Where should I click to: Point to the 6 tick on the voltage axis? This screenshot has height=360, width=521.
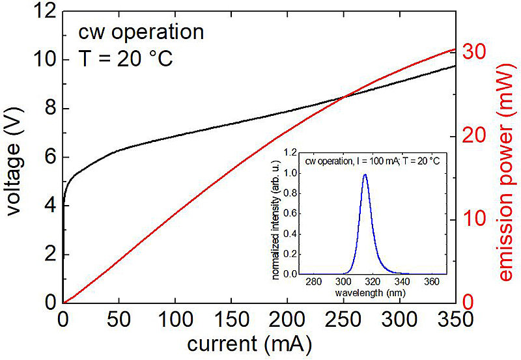(x=49, y=157)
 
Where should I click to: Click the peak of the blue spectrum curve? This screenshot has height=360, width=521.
(x=365, y=174)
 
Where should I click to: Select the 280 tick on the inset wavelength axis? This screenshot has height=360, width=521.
(x=313, y=283)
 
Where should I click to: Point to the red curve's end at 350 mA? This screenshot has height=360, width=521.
(x=454, y=49)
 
